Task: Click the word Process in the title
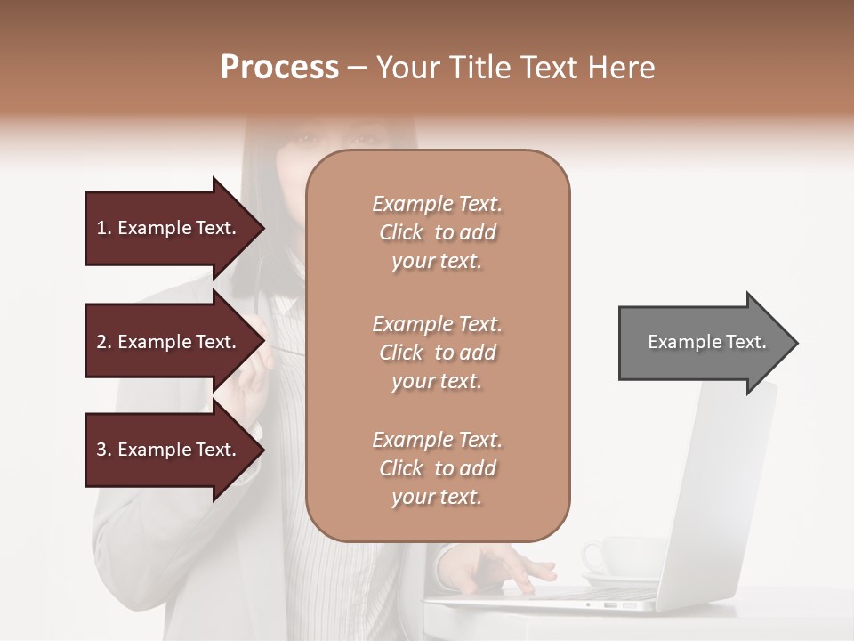click(x=279, y=68)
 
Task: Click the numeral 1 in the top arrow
click(x=101, y=228)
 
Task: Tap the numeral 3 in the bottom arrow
click(x=101, y=450)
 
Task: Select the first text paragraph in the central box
click(x=437, y=232)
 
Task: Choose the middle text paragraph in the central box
click(x=437, y=353)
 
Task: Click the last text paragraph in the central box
click(x=437, y=468)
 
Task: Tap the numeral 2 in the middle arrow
click(x=101, y=342)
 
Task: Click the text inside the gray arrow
click(x=706, y=342)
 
